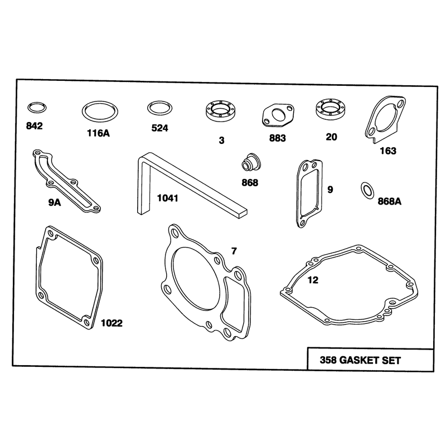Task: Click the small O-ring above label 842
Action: (37, 104)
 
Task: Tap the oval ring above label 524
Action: (159, 103)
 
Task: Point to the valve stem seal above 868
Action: (251, 163)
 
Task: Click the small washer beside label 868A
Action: (364, 190)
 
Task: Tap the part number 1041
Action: (168, 198)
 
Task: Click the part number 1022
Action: (112, 323)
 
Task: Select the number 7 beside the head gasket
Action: (234, 251)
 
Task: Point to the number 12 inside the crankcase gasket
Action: (313, 280)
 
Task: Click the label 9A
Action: (54, 202)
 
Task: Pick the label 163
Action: (388, 151)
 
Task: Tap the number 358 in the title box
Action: (328, 360)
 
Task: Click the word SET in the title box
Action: (391, 361)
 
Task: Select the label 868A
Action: (389, 201)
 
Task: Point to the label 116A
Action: (99, 133)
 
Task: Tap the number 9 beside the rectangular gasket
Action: (330, 190)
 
